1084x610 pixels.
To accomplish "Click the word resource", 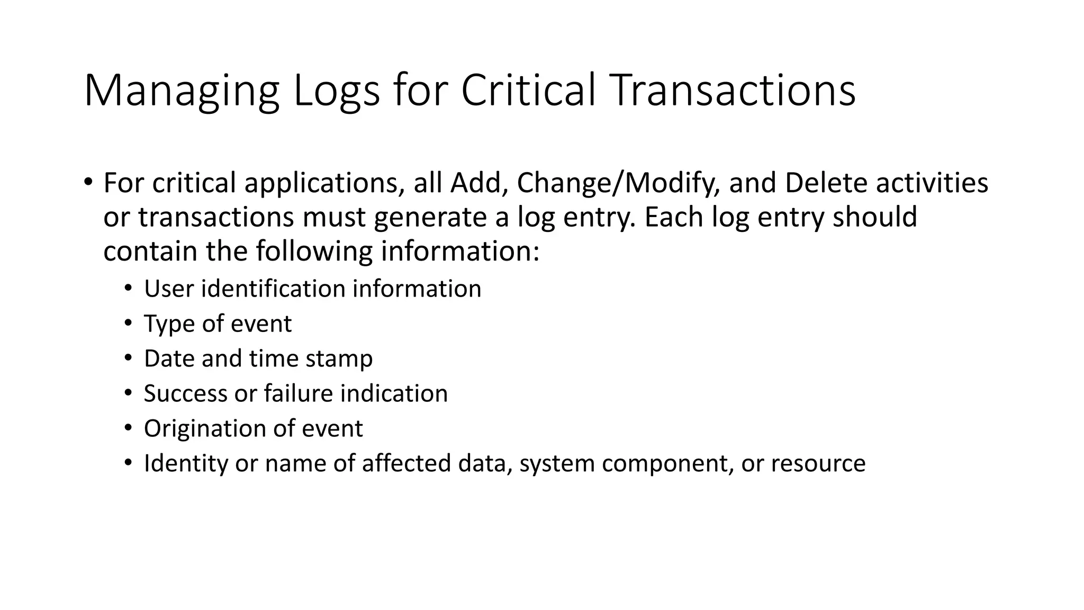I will click(x=818, y=464).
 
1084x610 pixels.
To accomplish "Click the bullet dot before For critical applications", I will click(x=88, y=182).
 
